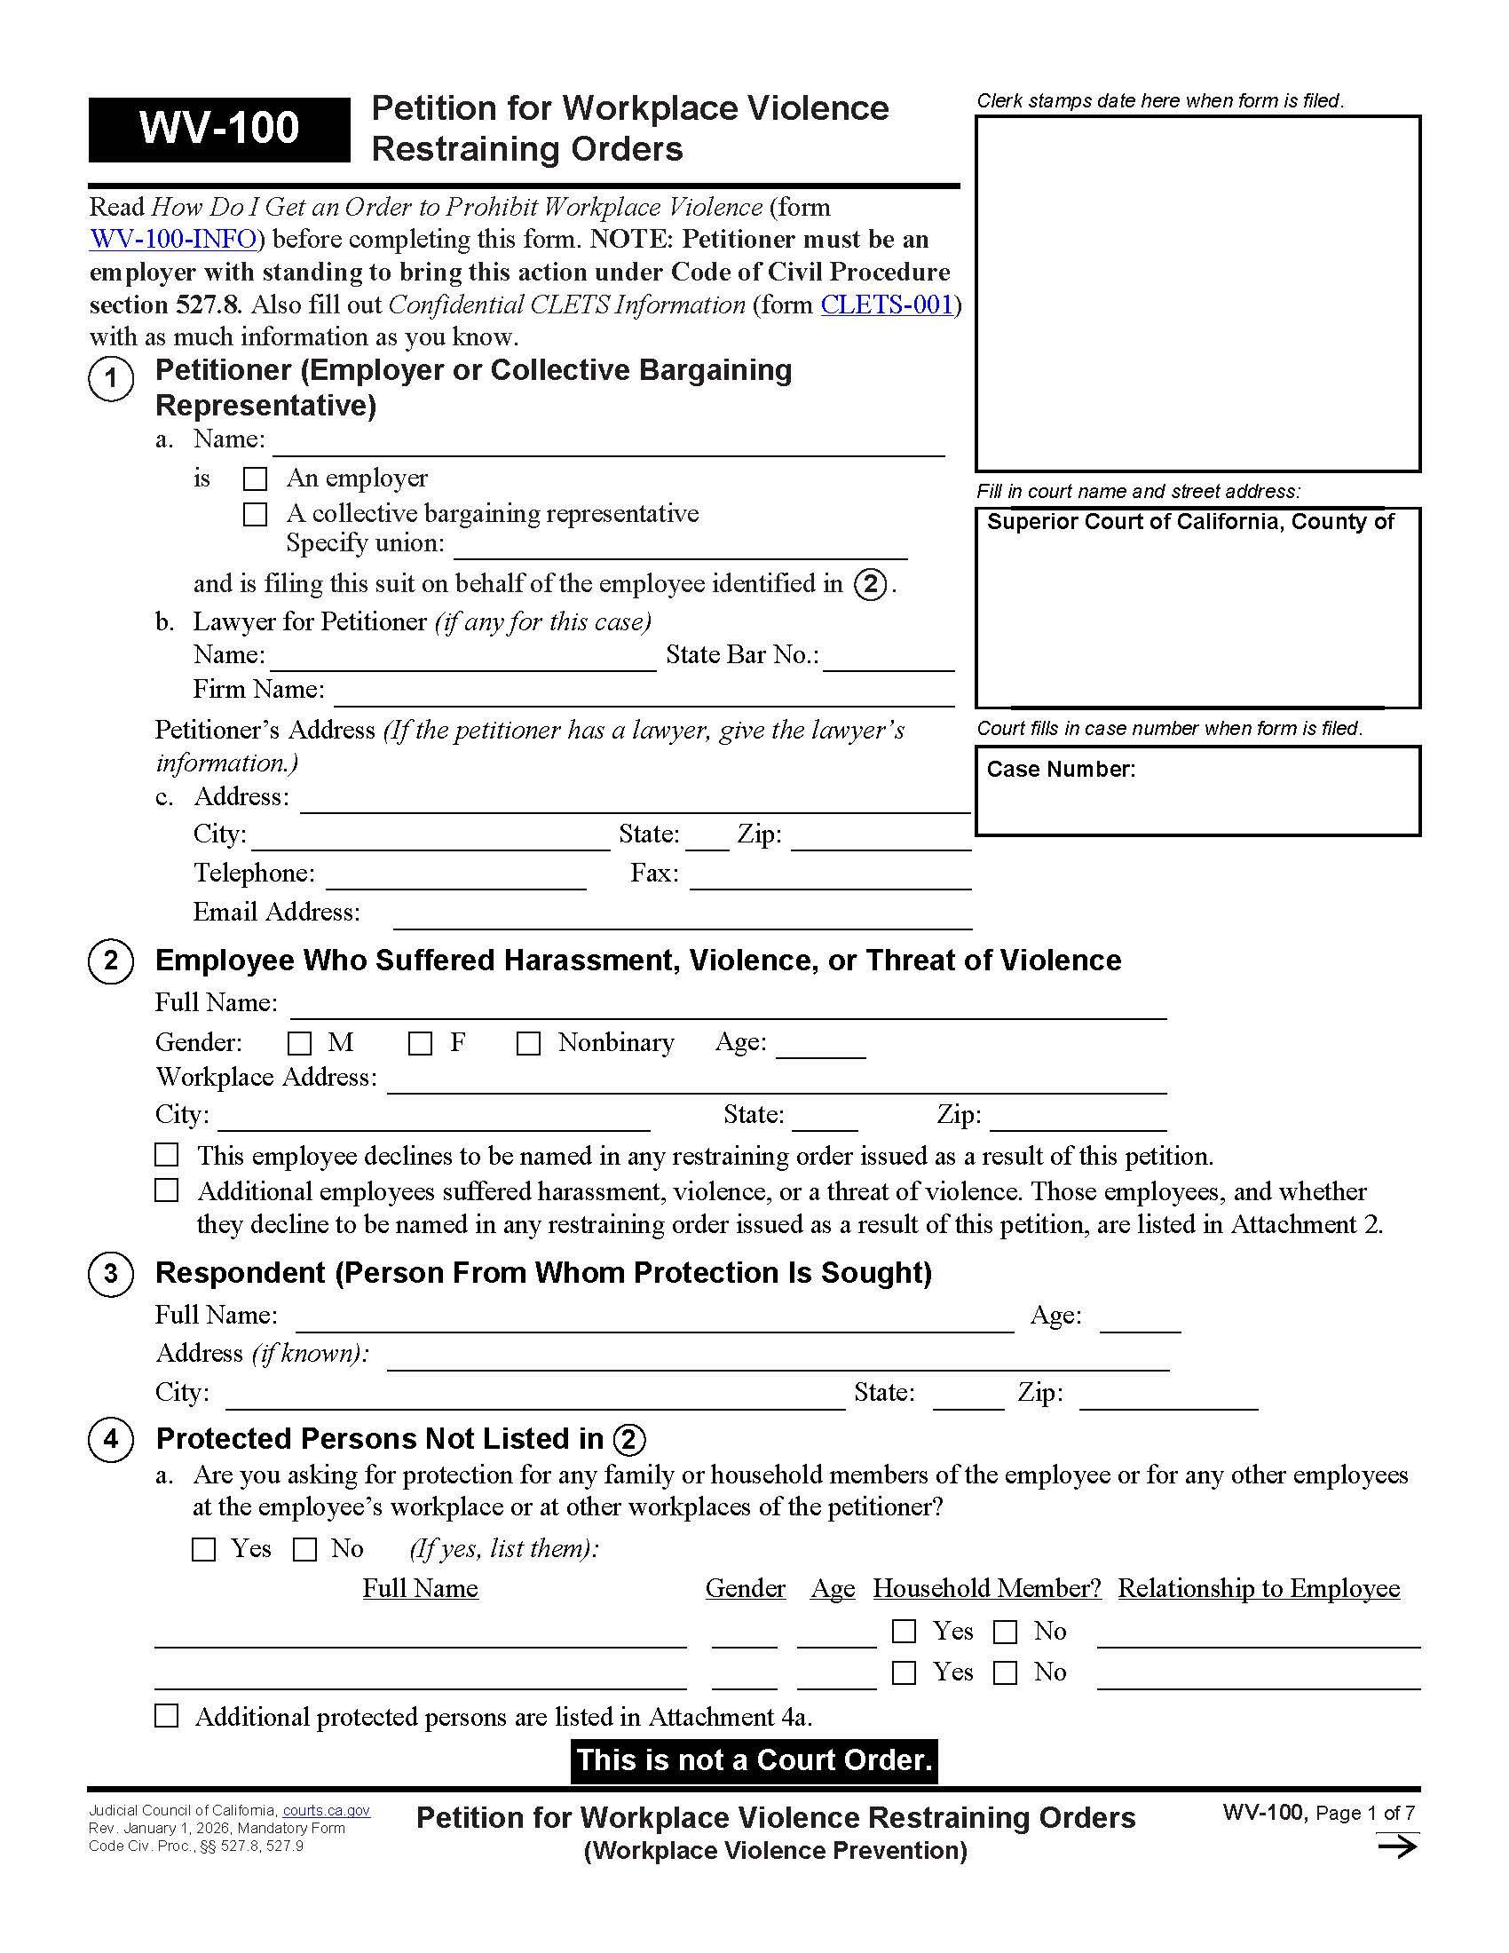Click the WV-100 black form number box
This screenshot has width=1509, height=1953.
(x=219, y=129)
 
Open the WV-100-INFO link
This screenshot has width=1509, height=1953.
(x=173, y=240)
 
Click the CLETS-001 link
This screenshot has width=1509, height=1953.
(x=886, y=304)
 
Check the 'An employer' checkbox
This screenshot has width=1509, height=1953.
(x=256, y=479)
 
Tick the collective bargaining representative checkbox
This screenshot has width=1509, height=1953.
(x=256, y=514)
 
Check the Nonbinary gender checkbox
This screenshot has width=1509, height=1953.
(x=528, y=1044)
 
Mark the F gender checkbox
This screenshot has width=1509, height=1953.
(x=420, y=1044)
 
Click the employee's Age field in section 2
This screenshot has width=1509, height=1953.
(x=820, y=1046)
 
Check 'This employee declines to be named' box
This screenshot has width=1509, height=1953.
(x=167, y=1154)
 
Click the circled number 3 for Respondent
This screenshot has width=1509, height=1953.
(x=111, y=1273)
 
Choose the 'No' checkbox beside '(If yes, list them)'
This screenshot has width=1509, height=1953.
(x=304, y=1550)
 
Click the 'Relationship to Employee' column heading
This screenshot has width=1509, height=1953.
(x=1258, y=1588)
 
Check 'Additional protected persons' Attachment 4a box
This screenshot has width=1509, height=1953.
(x=167, y=1716)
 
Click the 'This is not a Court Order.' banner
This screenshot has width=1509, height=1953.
(x=754, y=1759)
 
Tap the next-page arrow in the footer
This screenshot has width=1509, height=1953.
(x=1396, y=1846)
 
